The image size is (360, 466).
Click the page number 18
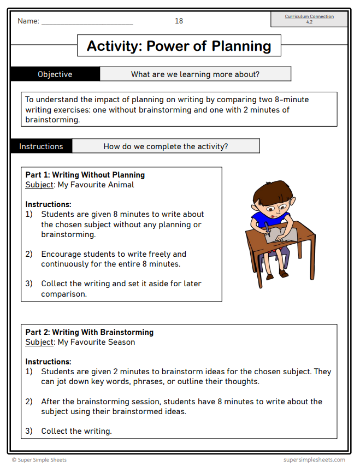(x=179, y=21)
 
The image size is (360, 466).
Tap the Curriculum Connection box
(x=309, y=19)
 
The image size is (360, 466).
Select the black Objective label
(x=55, y=74)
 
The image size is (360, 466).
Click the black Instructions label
(x=41, y=146)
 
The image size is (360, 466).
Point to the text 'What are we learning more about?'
(x=195, y=74)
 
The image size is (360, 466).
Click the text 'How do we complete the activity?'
(x=166, y=146)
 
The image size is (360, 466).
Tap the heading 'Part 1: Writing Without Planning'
(x=85, y=175)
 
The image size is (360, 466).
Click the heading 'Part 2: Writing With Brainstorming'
(x=89, y=332)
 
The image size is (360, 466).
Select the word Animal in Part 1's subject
(x=121, y=185)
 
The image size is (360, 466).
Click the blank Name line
(x=87, y=22)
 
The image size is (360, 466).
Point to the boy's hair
(x=271, y=191)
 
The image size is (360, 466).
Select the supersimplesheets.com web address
(x=314, y=460)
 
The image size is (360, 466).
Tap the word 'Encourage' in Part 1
(x=61, y=254)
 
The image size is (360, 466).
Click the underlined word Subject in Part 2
(x=39, y=342)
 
